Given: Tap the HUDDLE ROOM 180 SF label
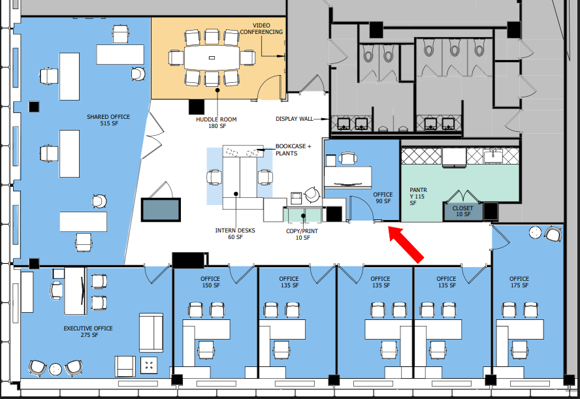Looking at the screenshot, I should pos(216,123).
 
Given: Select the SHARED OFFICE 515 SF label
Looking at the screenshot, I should pos(108,120).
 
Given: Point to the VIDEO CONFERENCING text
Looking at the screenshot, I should pos(261,28).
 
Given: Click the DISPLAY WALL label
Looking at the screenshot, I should pos(294,120).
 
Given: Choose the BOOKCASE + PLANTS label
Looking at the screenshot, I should pos(293,150).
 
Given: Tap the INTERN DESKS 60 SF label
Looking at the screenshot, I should pos(235,234).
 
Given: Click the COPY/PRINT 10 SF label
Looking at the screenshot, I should pos(302,234).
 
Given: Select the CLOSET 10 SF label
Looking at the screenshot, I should pos(462,211).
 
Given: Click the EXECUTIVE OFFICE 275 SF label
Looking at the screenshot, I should pos(88,331).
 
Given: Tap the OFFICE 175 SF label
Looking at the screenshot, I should pos(520,282).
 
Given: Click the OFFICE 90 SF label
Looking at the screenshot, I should pos(383,198).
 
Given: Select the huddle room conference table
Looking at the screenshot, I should pos(212,57).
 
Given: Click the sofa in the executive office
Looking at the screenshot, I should pos(151,332).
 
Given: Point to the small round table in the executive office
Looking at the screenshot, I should pos(56,369).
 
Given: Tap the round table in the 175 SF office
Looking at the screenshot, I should pos(536,231).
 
